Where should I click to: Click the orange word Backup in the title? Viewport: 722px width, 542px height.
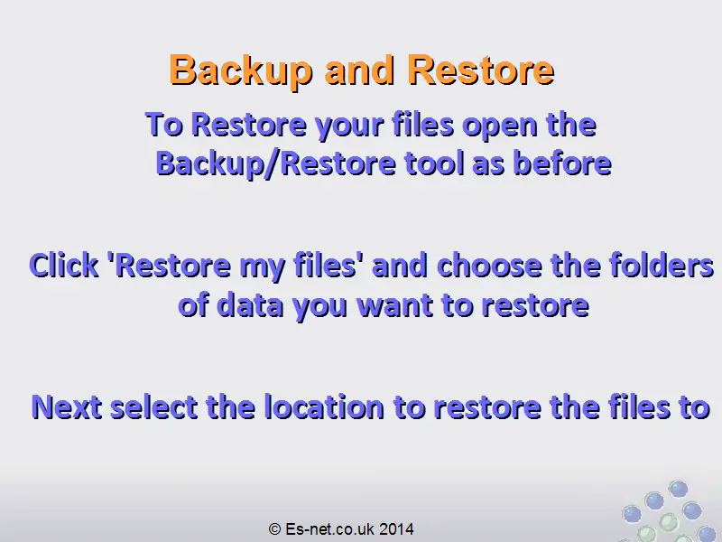point(240,70)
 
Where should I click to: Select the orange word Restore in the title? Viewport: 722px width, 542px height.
point(481,70)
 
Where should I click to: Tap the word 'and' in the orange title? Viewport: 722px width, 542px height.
point(359,70)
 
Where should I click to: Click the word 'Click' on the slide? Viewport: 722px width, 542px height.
point(63,266)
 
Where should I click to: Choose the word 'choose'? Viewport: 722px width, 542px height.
point(489,266)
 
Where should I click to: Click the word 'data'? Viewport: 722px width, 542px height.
point(249,305)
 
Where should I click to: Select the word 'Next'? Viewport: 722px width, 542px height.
point(67,407)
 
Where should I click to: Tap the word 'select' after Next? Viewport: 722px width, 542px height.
point(154,406)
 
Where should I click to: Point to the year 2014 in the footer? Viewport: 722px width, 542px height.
point(396,528)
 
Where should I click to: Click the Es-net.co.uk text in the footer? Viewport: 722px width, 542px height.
point(329,528)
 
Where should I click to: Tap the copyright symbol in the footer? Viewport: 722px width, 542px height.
point(274,528)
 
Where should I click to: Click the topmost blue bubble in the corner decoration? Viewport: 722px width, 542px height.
point(678,489)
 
